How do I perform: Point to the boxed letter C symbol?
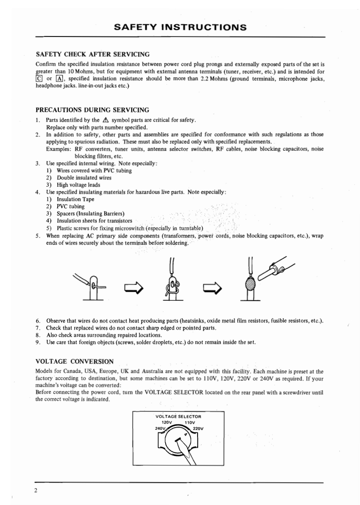click(x=39, y=80)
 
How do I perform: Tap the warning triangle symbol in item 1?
click(x=106, y=120)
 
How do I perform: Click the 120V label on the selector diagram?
click(x=168, y=422)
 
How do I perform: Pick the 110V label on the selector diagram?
click(x=189, y=422)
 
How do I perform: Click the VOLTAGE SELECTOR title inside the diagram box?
click(x=178, y=416)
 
